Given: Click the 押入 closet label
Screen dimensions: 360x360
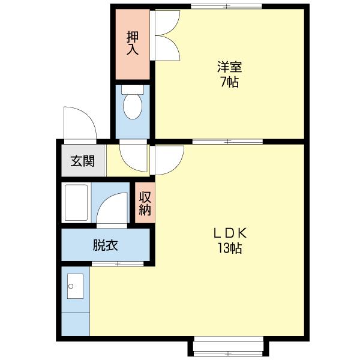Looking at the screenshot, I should pos(133,43).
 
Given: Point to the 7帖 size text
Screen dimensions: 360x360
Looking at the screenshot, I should pos(229,82).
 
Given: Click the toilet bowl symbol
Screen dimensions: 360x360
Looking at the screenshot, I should pos(132,106).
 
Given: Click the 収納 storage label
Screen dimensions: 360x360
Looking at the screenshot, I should pos(145,203).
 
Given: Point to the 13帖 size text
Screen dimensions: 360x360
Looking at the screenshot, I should pos(229,248).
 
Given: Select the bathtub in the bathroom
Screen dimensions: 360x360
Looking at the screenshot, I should pos(76,203).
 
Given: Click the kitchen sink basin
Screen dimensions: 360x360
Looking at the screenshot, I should pos(76,286).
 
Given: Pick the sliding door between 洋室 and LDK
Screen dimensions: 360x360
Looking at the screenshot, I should pos(229,142).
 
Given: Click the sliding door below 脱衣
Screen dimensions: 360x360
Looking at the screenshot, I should pos(118,264).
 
